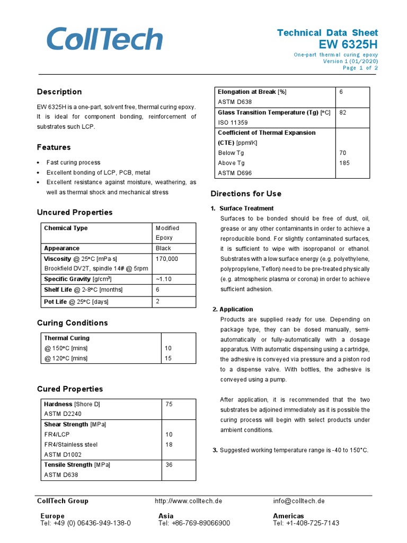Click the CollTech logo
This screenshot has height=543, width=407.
(104, 40)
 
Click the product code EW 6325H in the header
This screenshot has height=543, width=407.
(349, 43)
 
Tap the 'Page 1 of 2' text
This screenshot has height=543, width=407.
(360, 68)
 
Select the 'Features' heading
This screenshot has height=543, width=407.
(54, 147)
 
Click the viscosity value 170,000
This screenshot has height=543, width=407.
(167, 259)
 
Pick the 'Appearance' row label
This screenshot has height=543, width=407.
(61, 248)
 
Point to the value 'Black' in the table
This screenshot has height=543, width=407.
(163, 248)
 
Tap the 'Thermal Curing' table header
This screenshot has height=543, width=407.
(67, 338)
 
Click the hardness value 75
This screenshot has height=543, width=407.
(169, 404)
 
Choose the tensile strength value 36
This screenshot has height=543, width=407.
(169, 465)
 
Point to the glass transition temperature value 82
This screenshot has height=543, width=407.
(342, 112)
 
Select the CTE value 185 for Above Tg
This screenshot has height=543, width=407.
(344, 163)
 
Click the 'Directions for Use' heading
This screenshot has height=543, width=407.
(246, 194)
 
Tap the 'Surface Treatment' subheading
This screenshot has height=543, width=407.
(246, 208)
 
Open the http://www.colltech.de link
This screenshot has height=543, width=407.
(188, 501)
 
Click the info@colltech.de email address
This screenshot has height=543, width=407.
(299, 501)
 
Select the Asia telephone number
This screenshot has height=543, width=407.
(194, 523)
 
